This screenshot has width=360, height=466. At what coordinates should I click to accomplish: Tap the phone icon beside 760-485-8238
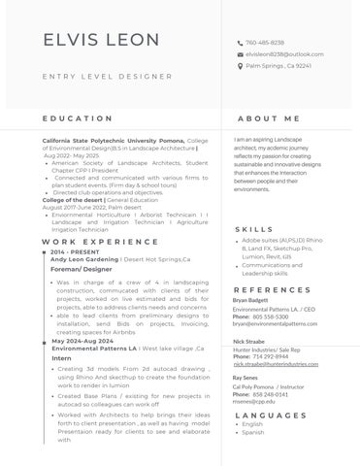240,44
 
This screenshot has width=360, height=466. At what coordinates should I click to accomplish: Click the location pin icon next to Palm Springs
240,66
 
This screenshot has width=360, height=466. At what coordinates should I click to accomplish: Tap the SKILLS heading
254,229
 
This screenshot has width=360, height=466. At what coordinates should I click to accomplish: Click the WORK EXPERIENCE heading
93,240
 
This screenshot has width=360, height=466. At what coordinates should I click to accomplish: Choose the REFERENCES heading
272,289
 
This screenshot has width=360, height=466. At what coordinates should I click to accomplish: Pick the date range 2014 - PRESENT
74,251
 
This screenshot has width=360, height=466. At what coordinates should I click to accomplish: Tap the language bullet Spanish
253,433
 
